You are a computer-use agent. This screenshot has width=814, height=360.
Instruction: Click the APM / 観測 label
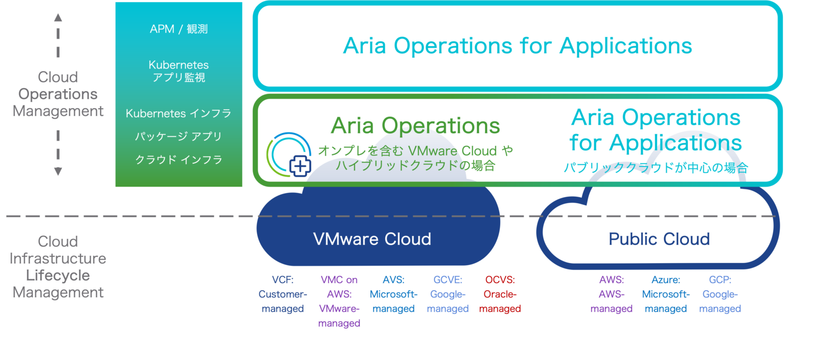179,29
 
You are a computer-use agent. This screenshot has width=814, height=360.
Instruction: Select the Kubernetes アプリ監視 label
179,71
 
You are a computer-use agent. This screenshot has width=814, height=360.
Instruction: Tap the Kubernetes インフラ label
179,113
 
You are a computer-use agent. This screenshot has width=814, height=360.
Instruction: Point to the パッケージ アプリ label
179,136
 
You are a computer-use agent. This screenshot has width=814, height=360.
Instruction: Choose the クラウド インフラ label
179,160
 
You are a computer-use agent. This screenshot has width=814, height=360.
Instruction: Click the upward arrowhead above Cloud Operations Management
58,17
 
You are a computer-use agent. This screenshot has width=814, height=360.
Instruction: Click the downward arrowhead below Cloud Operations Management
58,171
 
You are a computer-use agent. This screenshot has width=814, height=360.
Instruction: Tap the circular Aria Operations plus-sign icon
289,154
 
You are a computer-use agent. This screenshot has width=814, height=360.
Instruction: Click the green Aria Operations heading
415,126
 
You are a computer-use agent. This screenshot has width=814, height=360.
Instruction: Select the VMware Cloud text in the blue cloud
372,239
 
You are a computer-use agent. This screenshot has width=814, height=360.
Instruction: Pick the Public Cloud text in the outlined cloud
659,239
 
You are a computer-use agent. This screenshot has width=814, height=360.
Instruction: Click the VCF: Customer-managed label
282,294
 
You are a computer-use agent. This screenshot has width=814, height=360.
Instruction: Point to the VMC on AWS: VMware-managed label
339,301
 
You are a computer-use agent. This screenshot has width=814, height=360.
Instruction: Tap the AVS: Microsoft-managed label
393,294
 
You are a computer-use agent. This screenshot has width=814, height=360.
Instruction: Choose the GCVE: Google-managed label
448,294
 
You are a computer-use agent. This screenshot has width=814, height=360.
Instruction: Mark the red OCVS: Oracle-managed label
500,294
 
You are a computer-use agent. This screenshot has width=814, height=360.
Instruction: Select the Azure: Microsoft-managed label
666,294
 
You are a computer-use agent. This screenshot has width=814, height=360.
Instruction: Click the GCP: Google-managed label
720,294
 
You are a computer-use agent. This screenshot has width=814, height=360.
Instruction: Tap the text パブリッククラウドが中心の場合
656,169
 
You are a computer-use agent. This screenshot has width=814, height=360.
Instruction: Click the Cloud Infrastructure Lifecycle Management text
58,267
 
